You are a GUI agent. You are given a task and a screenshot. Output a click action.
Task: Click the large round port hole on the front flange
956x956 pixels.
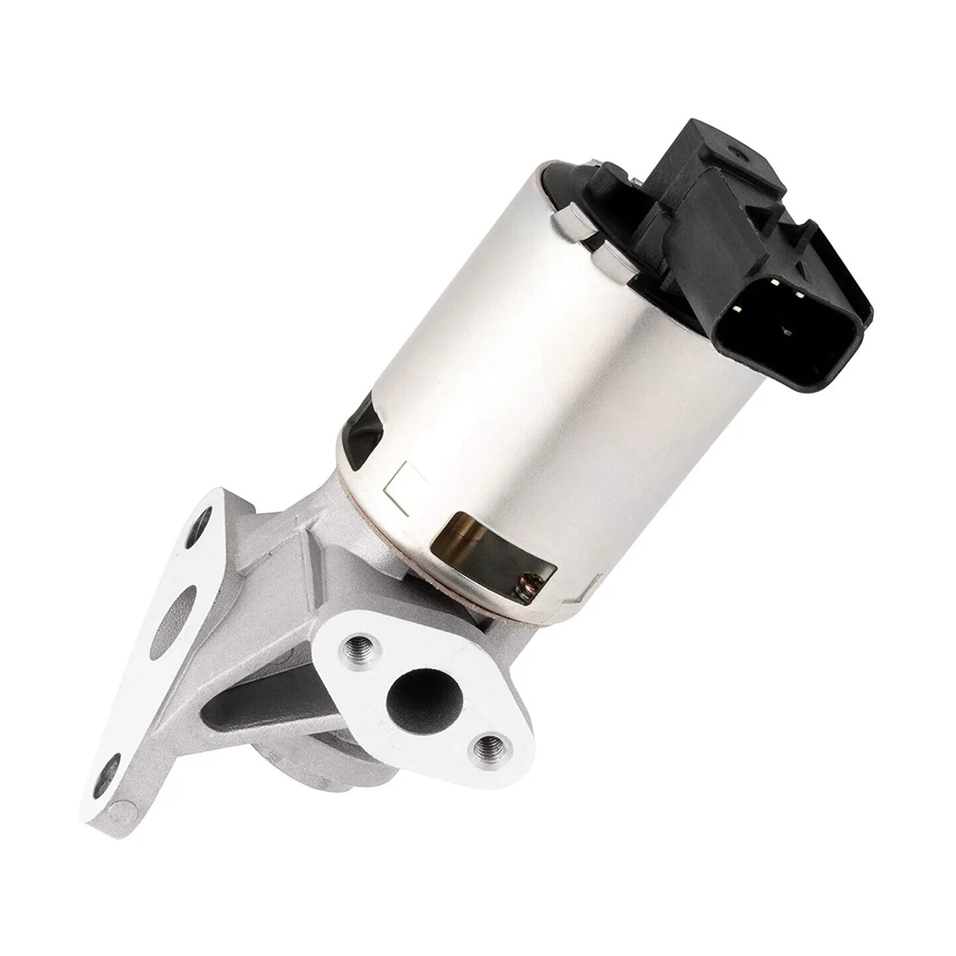coord(413,689)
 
